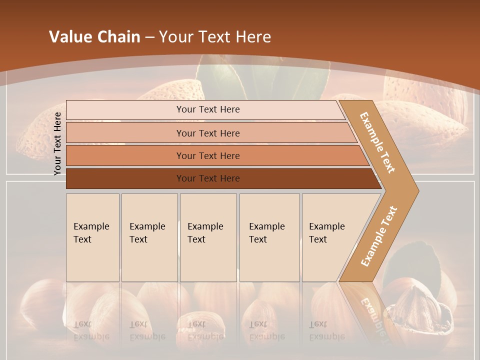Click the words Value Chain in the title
click(94, 37)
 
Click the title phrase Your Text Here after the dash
click(215, 37)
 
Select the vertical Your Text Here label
click(57, 143)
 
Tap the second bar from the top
click(208, 133)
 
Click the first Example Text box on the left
click(92, 237)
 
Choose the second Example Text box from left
click(149, 237)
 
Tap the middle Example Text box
click(208, 237)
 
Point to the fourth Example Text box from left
click(269, 237)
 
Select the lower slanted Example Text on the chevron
click(378, 236)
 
